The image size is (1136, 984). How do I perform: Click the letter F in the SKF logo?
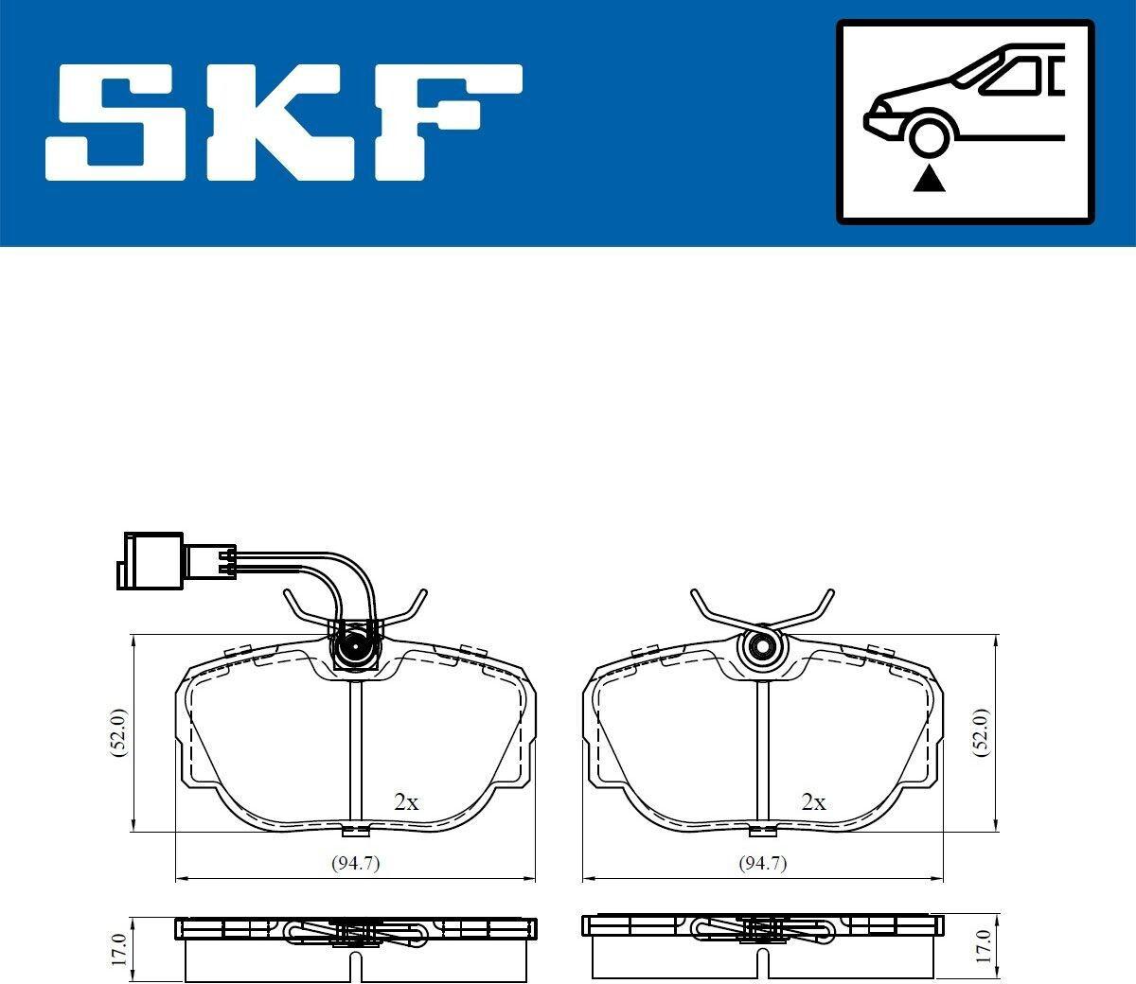click(448, 122)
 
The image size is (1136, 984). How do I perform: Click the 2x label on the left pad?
click(406, 802)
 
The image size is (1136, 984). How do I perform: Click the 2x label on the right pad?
click(813, 802)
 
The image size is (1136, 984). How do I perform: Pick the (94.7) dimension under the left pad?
click(356, 863)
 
